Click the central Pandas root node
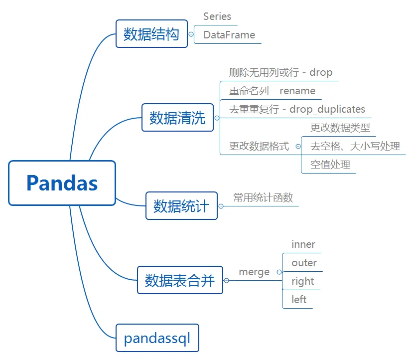click(x=62, y=183)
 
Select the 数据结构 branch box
click(x=151, y=34)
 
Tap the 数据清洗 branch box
click(x=177, y=118)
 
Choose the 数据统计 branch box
click(x=181, y=205)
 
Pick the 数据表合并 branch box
click(x=180, y=280)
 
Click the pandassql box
click(x=157, y=339)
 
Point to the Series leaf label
click(x=217, y=16)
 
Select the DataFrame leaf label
click(x=229, y=35)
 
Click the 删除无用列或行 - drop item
click(x=280, y=72)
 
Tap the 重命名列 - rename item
click(x=272, y=91)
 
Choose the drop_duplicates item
click(x=297, y=109)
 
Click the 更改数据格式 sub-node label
click(x=259, y=147)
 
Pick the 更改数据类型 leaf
click(x=340, y=128)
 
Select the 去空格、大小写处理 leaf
click(x=355, y=147)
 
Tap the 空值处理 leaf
click(x=330, y=165)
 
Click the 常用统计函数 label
click(x=263, y=197)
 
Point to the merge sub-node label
click(x=254, y=272)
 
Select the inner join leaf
click(x=303, y=245)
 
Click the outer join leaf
click(x=304, y=263)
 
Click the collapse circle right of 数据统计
click(x=221, y=206)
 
